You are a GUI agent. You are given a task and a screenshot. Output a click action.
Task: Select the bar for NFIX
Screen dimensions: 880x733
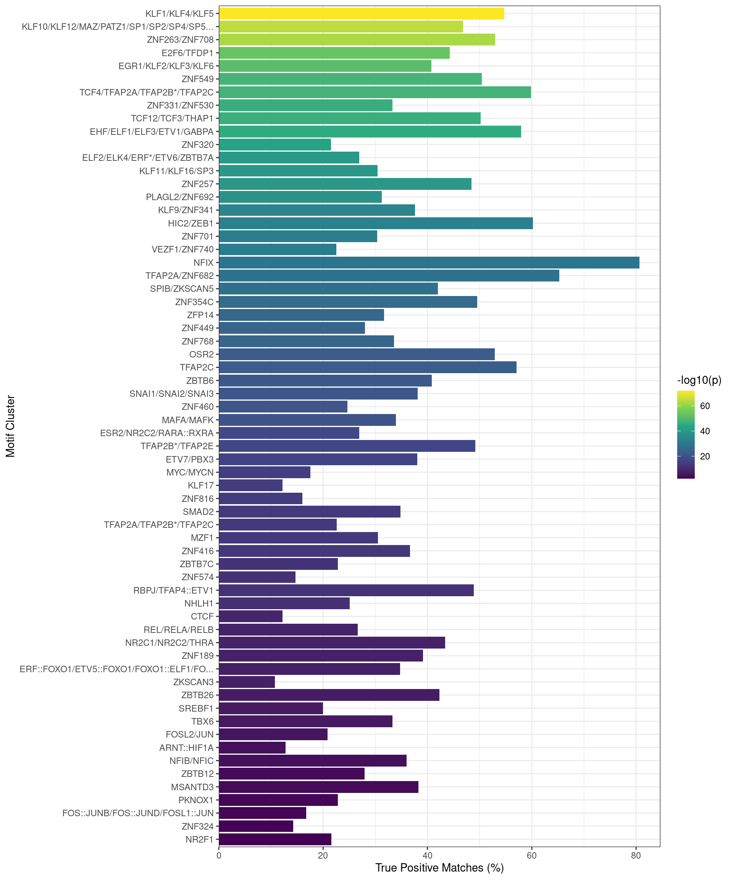tap(429, 263)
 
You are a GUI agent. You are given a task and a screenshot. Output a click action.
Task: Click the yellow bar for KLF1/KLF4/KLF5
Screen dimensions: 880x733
tap(361, 13)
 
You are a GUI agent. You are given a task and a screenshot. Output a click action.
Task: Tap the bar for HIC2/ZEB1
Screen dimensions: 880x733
tap(376, 223)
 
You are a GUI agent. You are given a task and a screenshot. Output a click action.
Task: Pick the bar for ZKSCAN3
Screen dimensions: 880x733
tap(247, 682)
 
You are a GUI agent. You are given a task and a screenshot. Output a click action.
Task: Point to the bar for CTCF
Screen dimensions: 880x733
tap(250, 616)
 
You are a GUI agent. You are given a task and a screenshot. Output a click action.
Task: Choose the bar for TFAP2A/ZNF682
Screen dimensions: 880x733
tap(389, 276)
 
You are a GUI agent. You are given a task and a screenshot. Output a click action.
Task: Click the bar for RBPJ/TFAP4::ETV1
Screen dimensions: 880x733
tap(346, 590)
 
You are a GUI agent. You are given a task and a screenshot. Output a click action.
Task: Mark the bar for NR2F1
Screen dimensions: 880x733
tap(275, 840)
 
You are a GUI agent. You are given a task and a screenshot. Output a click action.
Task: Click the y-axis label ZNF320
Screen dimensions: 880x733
tap(197, 145)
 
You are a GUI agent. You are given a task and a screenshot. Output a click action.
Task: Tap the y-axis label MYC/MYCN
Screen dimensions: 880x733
tap(190, 472)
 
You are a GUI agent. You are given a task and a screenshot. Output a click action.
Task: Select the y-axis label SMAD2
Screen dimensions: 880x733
tap(198, 512)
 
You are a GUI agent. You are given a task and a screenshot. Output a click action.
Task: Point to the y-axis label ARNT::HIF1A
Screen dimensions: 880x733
tap(186, 747)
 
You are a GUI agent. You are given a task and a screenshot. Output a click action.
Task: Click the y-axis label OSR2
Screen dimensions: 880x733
tap(201, 354)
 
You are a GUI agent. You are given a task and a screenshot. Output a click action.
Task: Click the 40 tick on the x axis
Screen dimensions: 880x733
tap(427, 856)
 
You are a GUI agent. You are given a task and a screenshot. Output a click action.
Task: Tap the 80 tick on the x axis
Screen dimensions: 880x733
tap(636, 856)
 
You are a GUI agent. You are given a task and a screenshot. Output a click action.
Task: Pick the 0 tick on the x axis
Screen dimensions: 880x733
tap(219, 856)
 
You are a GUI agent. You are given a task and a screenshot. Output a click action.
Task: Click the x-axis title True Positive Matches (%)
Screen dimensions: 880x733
tap(439, 868)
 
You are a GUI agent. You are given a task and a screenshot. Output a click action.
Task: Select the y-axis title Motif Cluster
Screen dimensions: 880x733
tap(10, 426)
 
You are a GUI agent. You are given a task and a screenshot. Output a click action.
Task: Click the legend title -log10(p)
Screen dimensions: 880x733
tap(699, 380)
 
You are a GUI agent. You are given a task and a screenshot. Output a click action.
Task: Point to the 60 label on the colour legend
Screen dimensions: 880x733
tap(705, 406)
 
